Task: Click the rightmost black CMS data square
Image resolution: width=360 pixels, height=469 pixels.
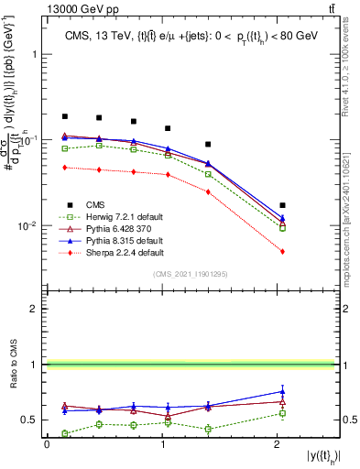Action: [282, 205]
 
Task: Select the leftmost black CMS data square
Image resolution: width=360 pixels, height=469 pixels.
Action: [64, 116]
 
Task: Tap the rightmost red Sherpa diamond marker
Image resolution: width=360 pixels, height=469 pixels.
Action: [282, 251]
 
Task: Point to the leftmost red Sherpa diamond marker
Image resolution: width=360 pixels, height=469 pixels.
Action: [64, 167]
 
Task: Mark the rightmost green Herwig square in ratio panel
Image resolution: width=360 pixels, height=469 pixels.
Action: [282, 413]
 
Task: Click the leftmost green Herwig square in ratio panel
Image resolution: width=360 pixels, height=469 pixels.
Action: [64, 433]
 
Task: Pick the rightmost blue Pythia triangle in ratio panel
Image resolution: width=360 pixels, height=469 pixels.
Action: [282, 391]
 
